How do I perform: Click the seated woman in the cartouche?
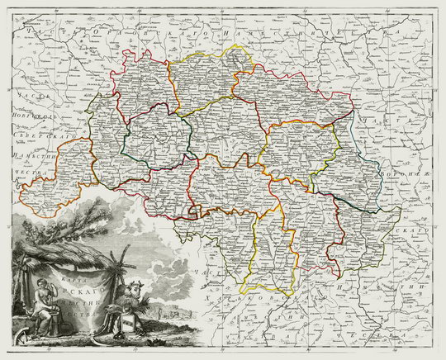click(35, 306)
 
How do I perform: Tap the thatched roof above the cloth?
click(58, 248)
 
